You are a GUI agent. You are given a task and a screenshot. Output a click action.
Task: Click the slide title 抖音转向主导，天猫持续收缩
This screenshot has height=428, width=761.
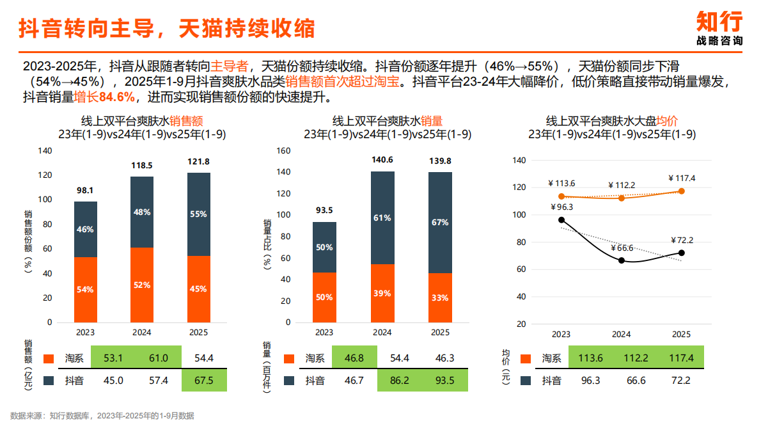click(166, 29)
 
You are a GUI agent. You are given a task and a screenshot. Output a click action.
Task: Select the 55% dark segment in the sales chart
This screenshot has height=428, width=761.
click(199, 214)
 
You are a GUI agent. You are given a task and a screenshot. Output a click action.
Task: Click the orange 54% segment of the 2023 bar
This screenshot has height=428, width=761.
click(86, 289)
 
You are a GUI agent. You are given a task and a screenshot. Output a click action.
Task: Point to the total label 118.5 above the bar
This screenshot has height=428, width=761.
click(142, 164)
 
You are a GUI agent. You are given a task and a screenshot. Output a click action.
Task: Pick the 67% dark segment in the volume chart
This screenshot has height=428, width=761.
click(440, 222)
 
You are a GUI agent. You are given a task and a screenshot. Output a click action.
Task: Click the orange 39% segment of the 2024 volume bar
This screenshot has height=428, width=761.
click(382, 293)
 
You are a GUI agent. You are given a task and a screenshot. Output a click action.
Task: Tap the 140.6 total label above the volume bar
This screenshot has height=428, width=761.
click(382, 160)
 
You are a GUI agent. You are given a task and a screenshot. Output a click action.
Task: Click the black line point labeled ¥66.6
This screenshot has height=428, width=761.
click(622, 260)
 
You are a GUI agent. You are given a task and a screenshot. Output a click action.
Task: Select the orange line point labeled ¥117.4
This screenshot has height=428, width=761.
click(682, 191)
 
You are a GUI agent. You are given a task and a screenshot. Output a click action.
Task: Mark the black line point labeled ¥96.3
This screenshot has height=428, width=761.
click(561, 220)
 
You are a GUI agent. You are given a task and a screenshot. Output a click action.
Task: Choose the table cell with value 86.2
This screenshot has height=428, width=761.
click(382, 381)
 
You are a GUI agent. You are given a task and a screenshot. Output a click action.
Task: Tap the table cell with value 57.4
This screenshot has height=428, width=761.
click(142, 381)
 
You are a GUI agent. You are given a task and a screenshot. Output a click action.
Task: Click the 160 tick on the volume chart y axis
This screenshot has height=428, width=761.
click(283, 151)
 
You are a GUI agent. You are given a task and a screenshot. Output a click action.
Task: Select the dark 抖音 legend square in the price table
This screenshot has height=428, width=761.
click(526, 381)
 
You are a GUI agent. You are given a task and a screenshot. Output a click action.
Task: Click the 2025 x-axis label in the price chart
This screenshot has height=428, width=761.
click(682, 334)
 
